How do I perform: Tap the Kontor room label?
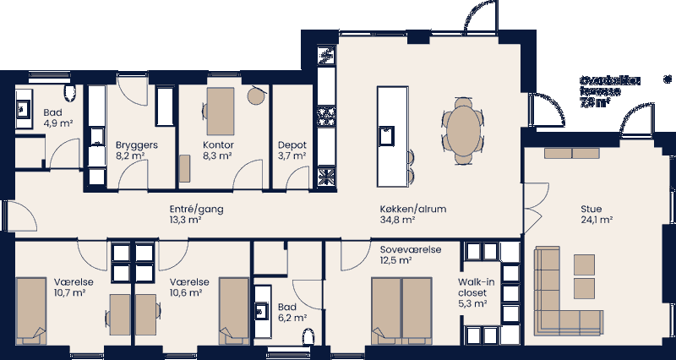pos(218,150)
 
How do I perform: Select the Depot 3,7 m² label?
pos(292,150)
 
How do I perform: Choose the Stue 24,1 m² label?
pos(596,214)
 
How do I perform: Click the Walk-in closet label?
pos(477,293)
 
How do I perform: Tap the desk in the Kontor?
pos(221,110)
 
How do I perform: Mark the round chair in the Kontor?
pos(255,96)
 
